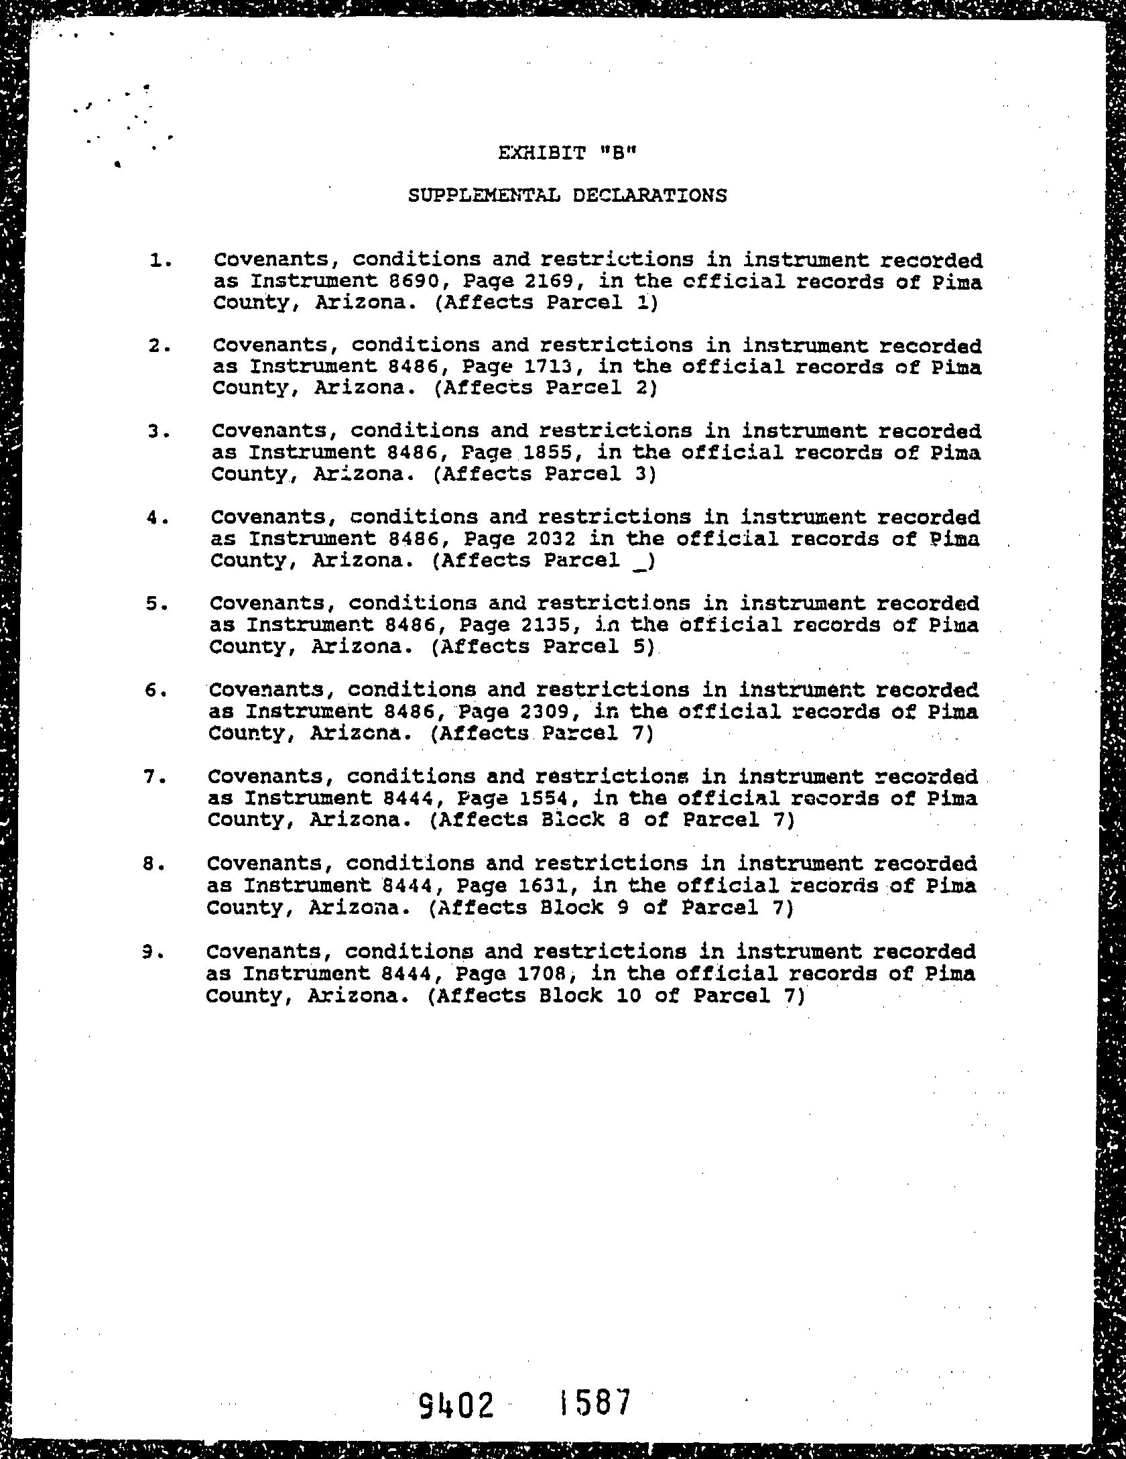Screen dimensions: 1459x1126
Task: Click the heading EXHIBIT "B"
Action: [566, 153]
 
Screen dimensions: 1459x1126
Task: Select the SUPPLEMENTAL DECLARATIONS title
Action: [567, 196]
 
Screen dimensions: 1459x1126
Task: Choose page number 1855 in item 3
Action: [543, 453]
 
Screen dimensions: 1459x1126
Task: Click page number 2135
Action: [542, 625]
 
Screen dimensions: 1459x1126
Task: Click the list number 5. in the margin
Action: [155, 603]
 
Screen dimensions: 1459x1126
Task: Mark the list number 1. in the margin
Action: [161, 259]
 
